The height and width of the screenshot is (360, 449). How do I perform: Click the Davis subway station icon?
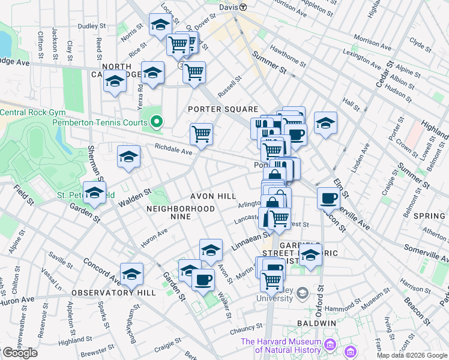[243, 7]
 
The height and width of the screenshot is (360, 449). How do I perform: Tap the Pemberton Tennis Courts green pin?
[157, 122]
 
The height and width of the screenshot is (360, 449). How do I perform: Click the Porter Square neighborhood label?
[222, 109]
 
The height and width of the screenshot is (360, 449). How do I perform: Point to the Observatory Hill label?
[113, 293]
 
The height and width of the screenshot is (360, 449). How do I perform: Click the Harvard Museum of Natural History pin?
[330, 345]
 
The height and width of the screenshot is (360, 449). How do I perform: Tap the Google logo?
[19, 353]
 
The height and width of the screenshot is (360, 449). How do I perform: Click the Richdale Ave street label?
[173, 152]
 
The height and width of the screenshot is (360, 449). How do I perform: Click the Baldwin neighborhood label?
[316, 323]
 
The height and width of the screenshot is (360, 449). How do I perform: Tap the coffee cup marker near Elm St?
[328, 197]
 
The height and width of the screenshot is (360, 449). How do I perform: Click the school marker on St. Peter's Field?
[94, 193]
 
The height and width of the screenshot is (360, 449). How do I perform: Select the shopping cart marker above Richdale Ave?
[201, 134]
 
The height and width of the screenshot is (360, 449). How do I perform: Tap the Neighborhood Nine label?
[181, 212]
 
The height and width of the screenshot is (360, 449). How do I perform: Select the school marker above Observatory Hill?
[131, 274]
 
